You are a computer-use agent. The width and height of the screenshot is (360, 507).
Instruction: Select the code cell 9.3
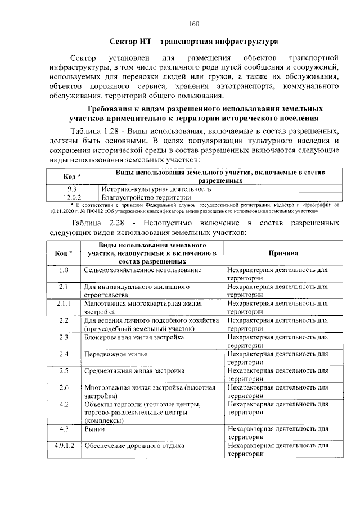tap(72, 189)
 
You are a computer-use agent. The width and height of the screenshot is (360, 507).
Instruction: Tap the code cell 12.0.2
tap(72, 197)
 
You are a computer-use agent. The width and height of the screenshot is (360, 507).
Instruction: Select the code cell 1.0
tap(63, 270)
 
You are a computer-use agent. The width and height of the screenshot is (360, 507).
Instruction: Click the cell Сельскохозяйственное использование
tap(142, 270)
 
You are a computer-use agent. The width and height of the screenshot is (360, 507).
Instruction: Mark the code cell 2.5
tap(63, 370)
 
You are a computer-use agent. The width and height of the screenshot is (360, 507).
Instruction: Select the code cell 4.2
tap(63, 404)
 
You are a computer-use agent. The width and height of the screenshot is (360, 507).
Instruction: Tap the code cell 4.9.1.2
tap(63, 446)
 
